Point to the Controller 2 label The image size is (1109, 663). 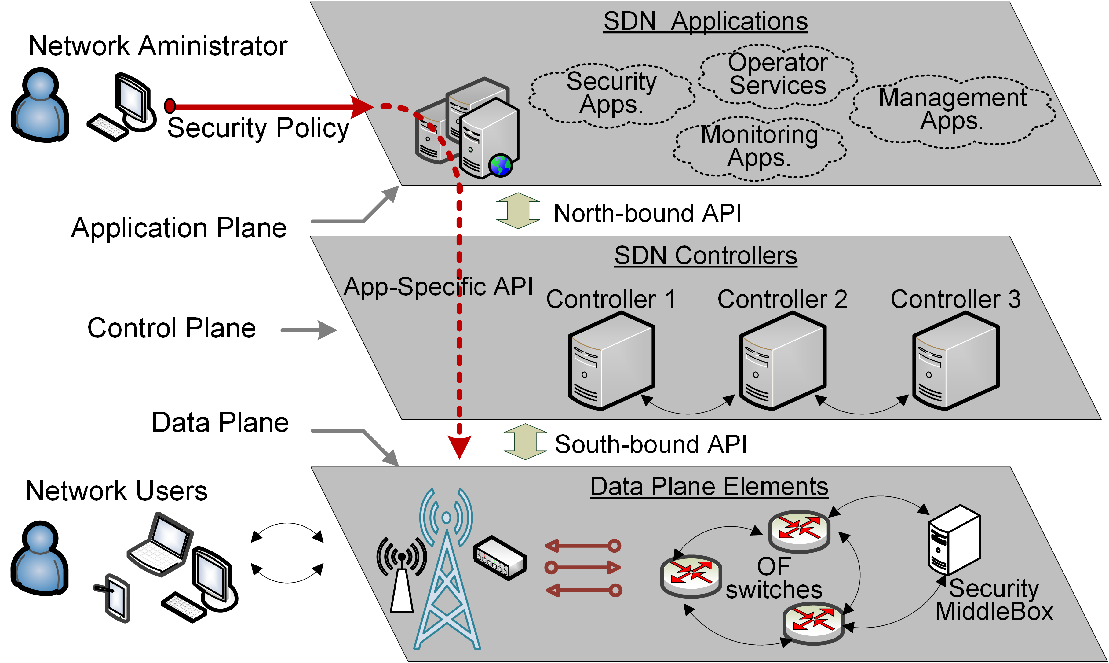(782, 299)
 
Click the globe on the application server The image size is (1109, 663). (500, 165)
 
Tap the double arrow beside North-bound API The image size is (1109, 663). (518, 211)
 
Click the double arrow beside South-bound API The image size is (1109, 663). (525, 441)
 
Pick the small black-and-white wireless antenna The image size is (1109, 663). (402, 576)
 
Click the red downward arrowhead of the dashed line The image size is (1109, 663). (459, 447)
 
